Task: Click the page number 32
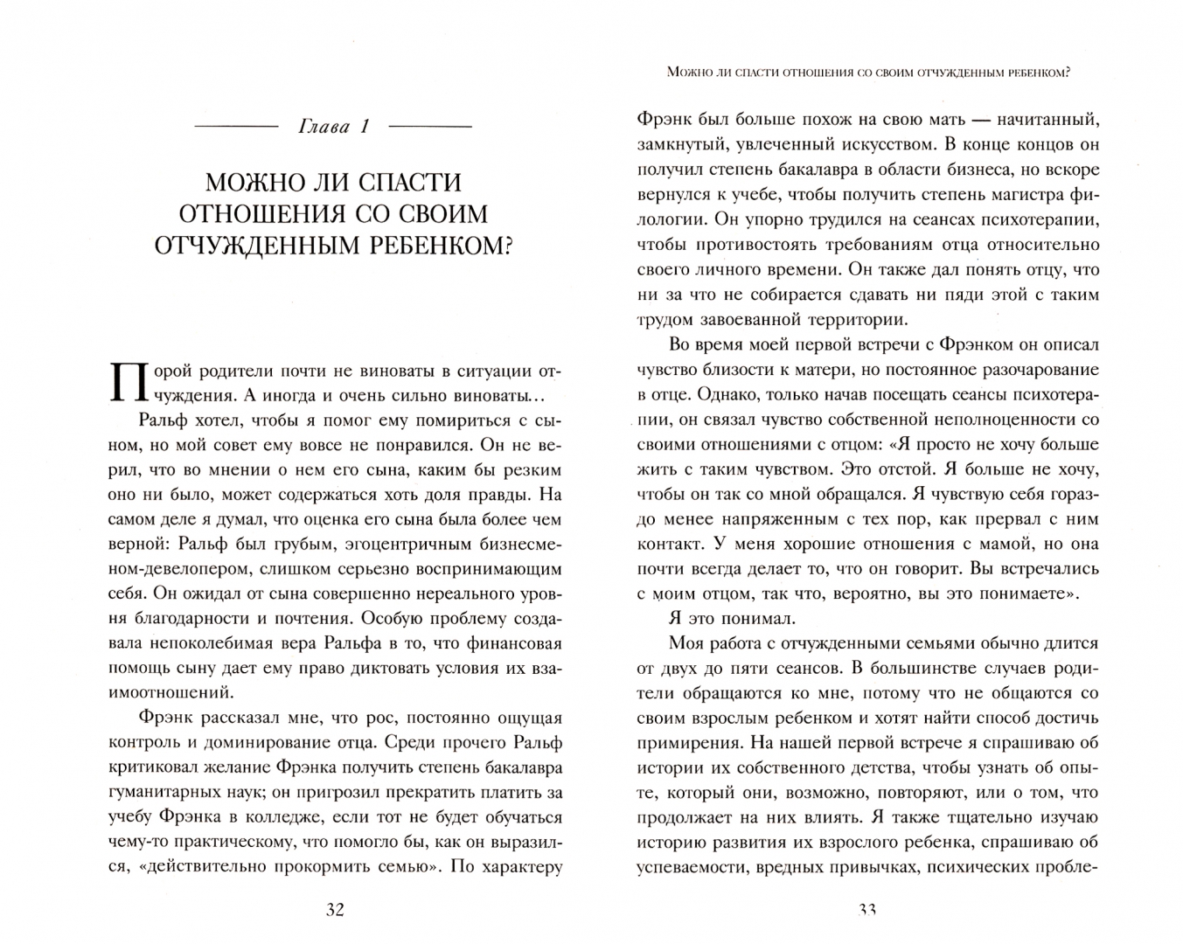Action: (335, 909)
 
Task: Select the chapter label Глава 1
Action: (334, 127)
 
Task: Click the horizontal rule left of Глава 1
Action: (235, 127)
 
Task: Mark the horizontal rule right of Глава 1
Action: (429, 127)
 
